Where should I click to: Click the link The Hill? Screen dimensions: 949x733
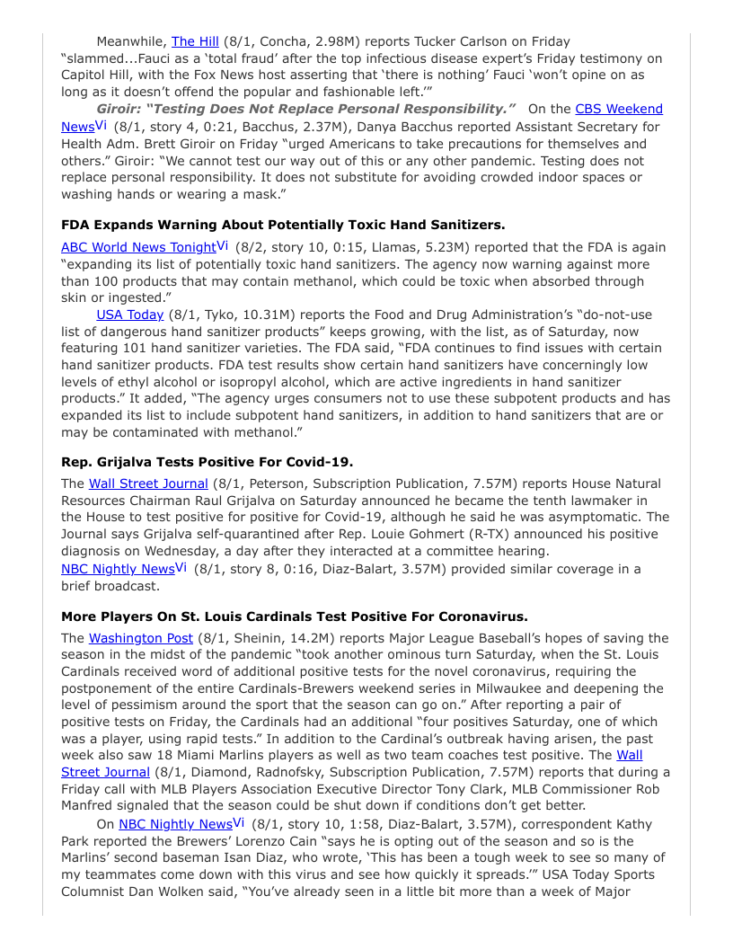pyautogui.click(x=195, y=41)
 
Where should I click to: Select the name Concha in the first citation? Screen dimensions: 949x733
pyautogui.click(x=285, y=41)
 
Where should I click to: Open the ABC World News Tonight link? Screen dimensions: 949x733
pyautogui.click(x=138, y=246)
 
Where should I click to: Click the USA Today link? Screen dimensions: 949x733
pyautogui.click(x=130, y=315)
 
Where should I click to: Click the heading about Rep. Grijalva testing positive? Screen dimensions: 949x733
pyautogui.click(x=207, y=462)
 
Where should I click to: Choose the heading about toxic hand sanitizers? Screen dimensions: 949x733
pyautogui.click(x=283, y=225)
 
